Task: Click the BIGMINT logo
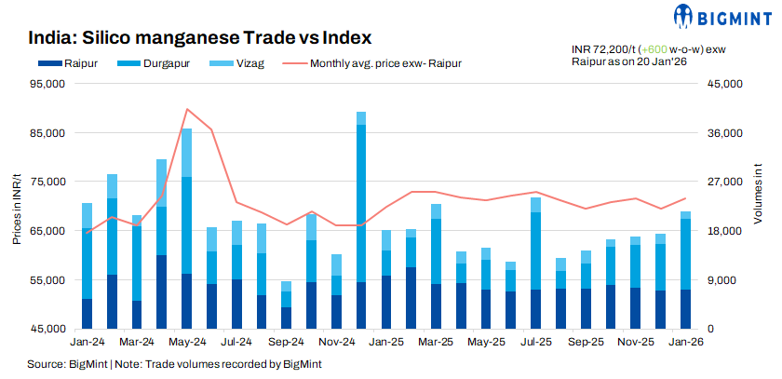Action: click(719, 17)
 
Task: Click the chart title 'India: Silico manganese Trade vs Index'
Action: click(200, 38)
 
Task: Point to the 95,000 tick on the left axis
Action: click(46, 84)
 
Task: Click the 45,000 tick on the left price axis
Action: click(46, 329)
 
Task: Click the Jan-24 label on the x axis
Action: click(86, 343)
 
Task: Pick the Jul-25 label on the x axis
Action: click(535, 343)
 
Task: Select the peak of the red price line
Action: click(187, 109)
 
